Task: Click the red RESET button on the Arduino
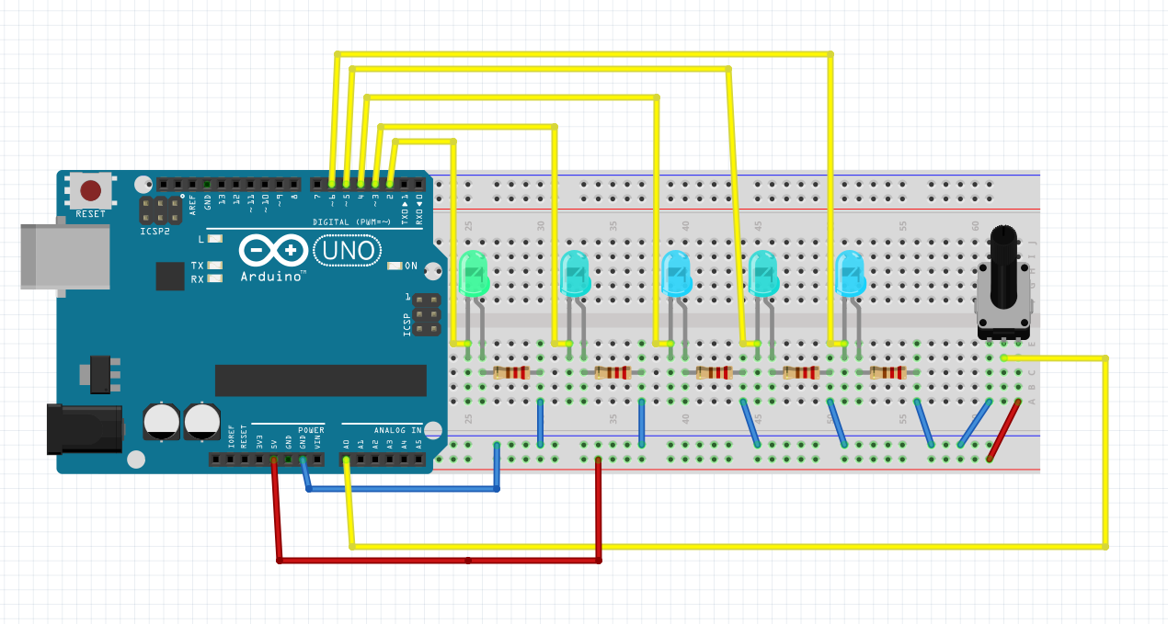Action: (x=90, y=190)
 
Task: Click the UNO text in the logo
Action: (x=348, y=250)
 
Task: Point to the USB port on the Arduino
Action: (x=64, y=256)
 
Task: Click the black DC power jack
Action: (x=84, y=428)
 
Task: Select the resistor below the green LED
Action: (x=511, y=372)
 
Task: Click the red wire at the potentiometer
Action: (x=1003, y=429)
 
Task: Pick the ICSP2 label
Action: (x=155, y=232)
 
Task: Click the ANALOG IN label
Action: (x=397, y=430)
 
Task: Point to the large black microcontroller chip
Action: (x=320, y=380)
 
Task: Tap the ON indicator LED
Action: (x=395, y=266)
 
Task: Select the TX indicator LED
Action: (x=214, y=266)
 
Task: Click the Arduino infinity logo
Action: (x=274, y=250)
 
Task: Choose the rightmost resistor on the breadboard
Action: (x=887, y=372)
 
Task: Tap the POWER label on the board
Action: (x=311, y=430)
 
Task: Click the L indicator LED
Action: (x=214, y=239)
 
